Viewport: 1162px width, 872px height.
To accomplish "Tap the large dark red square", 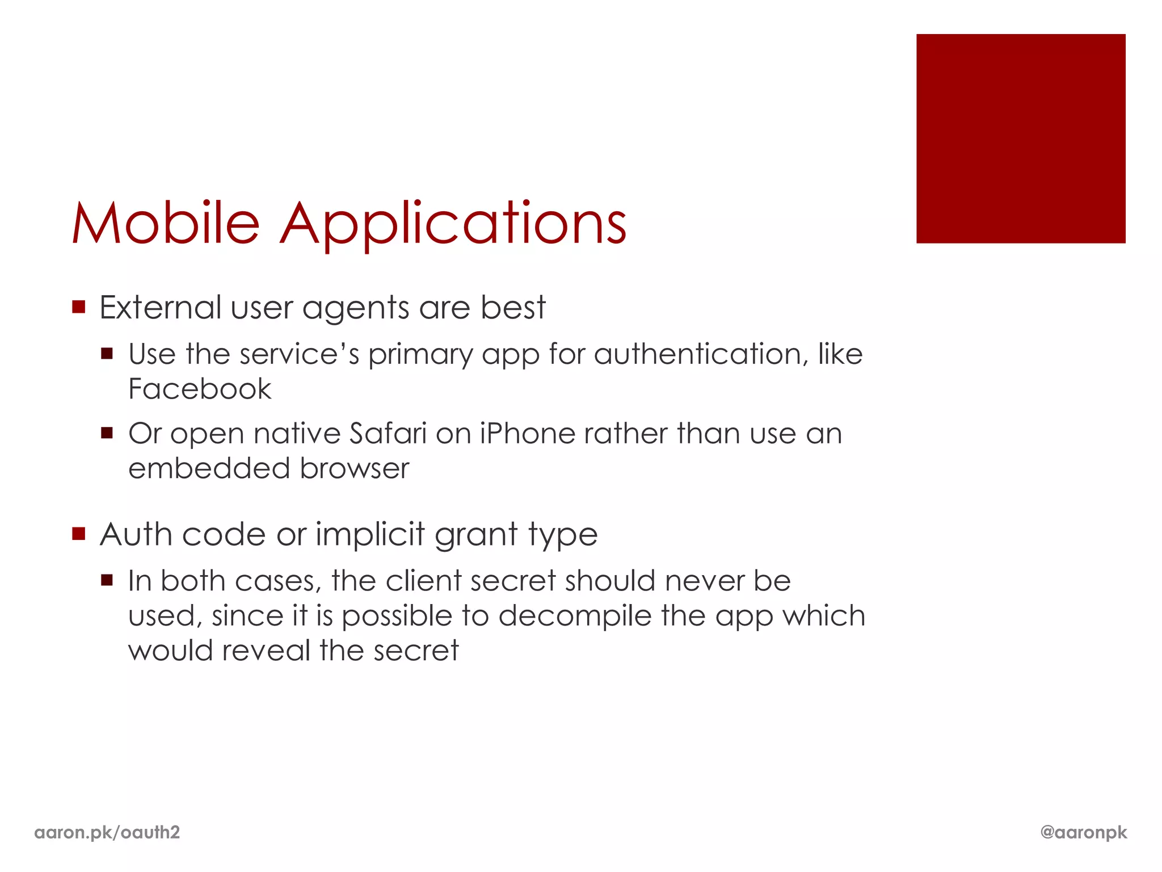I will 1020,139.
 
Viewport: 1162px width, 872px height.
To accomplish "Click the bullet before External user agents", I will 79,307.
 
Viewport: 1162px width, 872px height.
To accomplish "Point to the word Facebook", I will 200,389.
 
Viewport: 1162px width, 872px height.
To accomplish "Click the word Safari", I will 388,434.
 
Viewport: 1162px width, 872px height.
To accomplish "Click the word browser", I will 354,469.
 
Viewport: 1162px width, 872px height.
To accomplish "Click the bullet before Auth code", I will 79,534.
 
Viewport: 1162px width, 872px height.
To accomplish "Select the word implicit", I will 370,535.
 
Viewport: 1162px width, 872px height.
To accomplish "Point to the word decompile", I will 575,617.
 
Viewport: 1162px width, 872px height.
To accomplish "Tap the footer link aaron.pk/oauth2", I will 107,832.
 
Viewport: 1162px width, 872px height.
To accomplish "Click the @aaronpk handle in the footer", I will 1083,832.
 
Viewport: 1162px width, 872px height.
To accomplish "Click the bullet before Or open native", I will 107,434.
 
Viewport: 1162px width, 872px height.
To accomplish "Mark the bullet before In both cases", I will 107,580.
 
